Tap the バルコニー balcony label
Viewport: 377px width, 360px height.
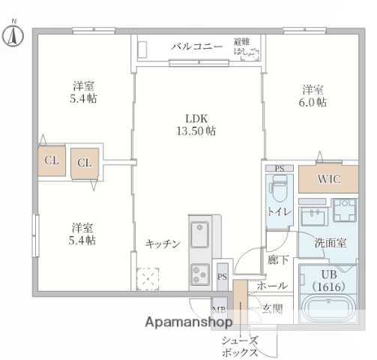196,46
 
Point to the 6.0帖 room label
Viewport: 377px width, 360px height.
313,97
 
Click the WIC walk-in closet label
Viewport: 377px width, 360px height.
328,180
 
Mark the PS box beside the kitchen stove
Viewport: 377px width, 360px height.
222,277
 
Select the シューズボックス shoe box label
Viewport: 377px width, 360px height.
240,346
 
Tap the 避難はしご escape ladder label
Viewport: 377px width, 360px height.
246,46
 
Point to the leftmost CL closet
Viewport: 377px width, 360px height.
52,160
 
